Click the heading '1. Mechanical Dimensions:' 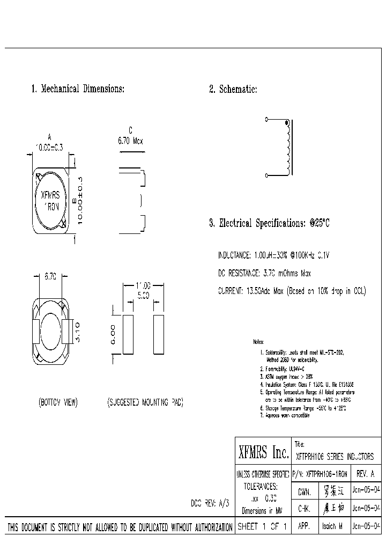coord(78,89)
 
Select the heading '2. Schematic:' coord(233,89)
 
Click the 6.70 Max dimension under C coord(130,141)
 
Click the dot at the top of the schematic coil coord(287,123)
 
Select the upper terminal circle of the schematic coord(266,119)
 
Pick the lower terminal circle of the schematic coord(266,175)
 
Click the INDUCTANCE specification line coord(273,256)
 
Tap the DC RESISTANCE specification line coord(264,274)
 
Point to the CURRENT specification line coord(292,291)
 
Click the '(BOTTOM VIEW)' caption coord(58,402)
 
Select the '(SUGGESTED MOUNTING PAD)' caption coord(145,402)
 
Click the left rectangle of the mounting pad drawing coord(128,334)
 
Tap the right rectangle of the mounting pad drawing coord(158,334)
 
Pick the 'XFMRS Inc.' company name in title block coord(263,453)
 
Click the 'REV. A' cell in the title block coord(367,474)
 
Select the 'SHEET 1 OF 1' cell coord(263,527)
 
